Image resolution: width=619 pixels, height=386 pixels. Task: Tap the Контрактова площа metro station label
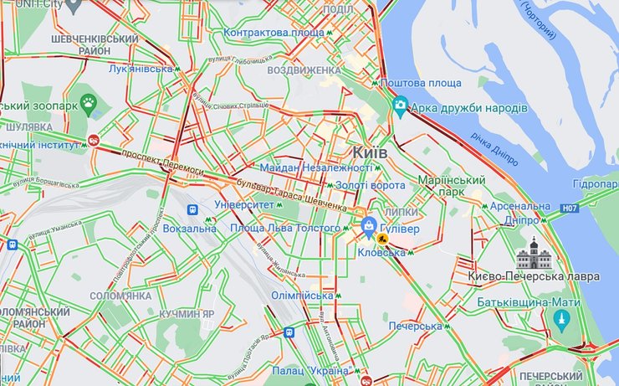tap(273, 33)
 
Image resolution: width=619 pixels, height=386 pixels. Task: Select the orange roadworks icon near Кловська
tap(383, 241)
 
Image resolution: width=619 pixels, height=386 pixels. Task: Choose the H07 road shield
tap(570, 208)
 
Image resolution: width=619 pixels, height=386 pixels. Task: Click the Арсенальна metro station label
tap(520, 206)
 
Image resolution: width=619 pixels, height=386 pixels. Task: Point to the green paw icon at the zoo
tap(90, 104)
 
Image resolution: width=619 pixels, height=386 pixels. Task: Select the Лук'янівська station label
tap(140, 69)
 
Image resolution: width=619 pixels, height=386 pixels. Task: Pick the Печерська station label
tap(415, 326)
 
